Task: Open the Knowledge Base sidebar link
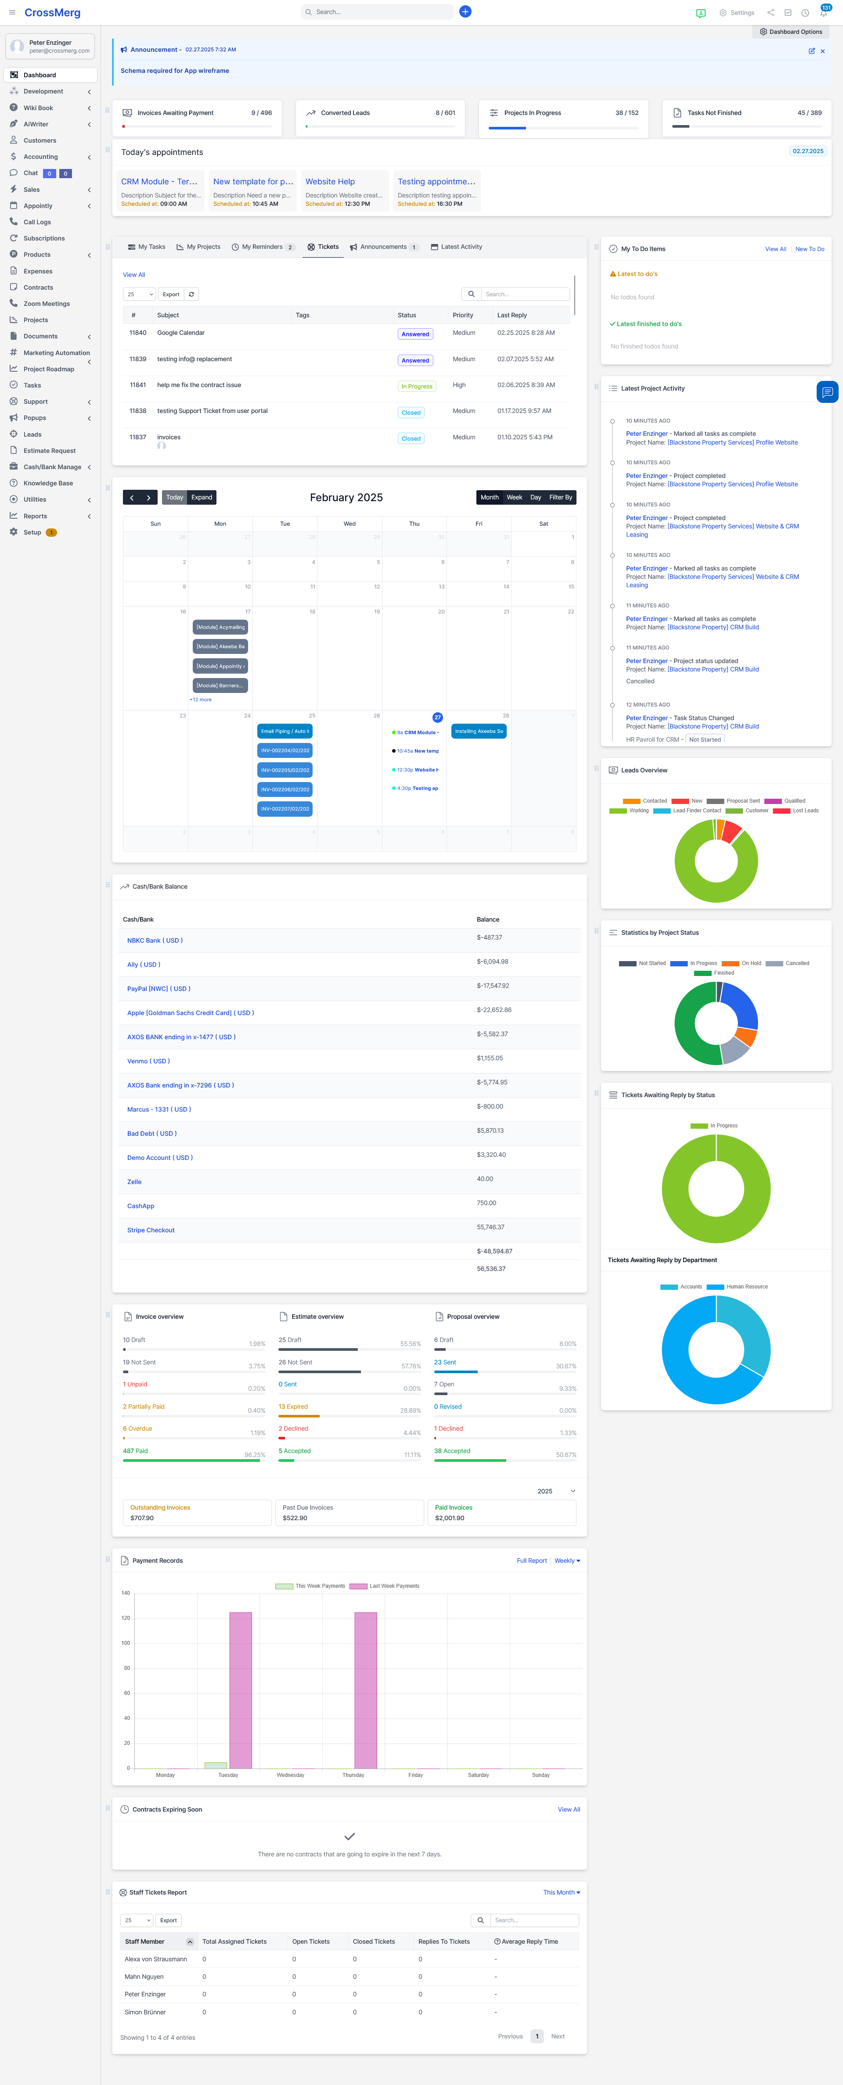point(48,483)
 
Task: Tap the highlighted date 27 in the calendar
point(437,717)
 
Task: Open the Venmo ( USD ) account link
point(148,1061)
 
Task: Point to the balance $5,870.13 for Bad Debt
point(490,1131)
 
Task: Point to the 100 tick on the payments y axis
point(126,1643)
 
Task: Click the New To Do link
point(809,249)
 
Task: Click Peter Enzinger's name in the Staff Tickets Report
point(145,1994)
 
